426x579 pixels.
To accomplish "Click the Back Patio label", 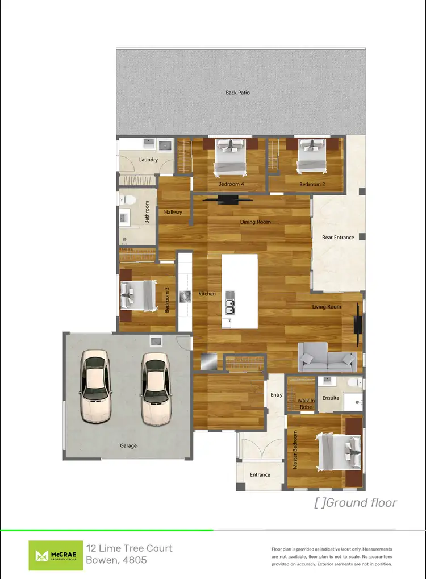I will click(x=237, y=93).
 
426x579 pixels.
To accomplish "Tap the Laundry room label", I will click(x=148, y=160).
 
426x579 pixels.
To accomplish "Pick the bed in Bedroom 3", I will click(x=138, y=295).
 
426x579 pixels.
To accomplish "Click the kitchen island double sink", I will click(x=229, y=306).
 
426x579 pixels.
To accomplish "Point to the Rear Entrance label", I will click(x=338, y=238).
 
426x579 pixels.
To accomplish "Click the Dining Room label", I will click(x=256, y=222).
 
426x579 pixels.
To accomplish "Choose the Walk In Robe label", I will click(x=306, y=403).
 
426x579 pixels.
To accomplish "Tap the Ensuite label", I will click(x=331, y=398).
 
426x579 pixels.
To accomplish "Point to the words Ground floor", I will click(x=362, y=502).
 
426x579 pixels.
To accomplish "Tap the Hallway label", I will click(x=173, y=213).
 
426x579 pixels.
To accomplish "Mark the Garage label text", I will click(x=128, y=445).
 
